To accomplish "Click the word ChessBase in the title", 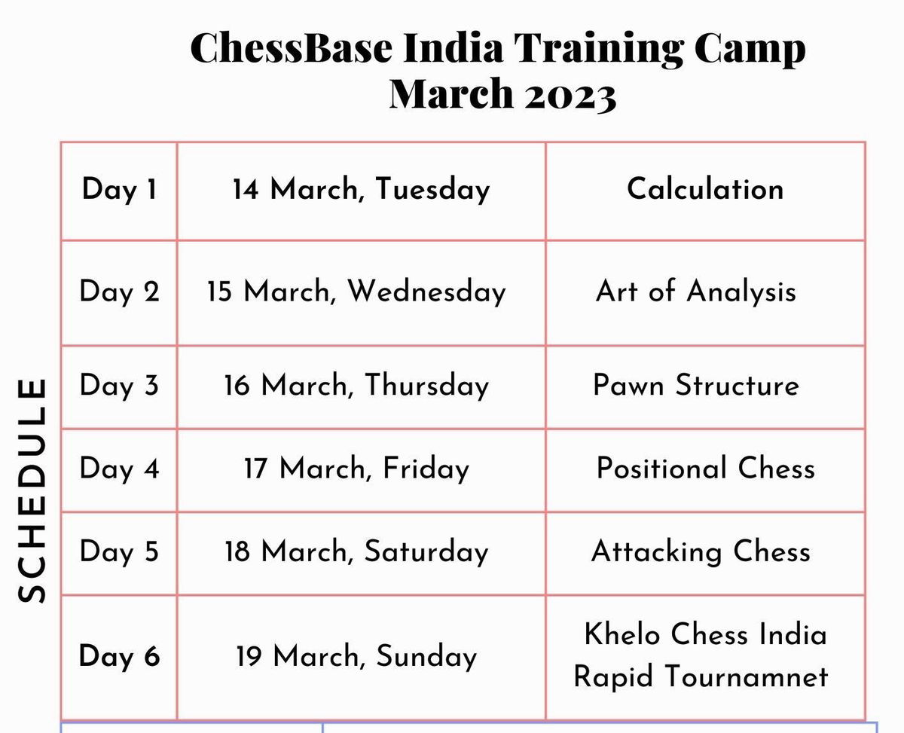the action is [291, 47].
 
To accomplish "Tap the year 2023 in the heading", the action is [570, 96].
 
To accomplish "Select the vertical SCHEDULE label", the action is [32, 490].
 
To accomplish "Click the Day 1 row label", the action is [119, 189].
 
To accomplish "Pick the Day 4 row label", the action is [119, 469].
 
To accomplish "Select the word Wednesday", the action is [427, 292].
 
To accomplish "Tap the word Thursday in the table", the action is [427, 386].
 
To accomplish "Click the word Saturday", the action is [426, 551].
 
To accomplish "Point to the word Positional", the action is [661, 468].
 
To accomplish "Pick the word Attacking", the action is [657, 551].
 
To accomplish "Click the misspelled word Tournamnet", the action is [747, 676].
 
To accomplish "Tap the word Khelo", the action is [622, 634].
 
